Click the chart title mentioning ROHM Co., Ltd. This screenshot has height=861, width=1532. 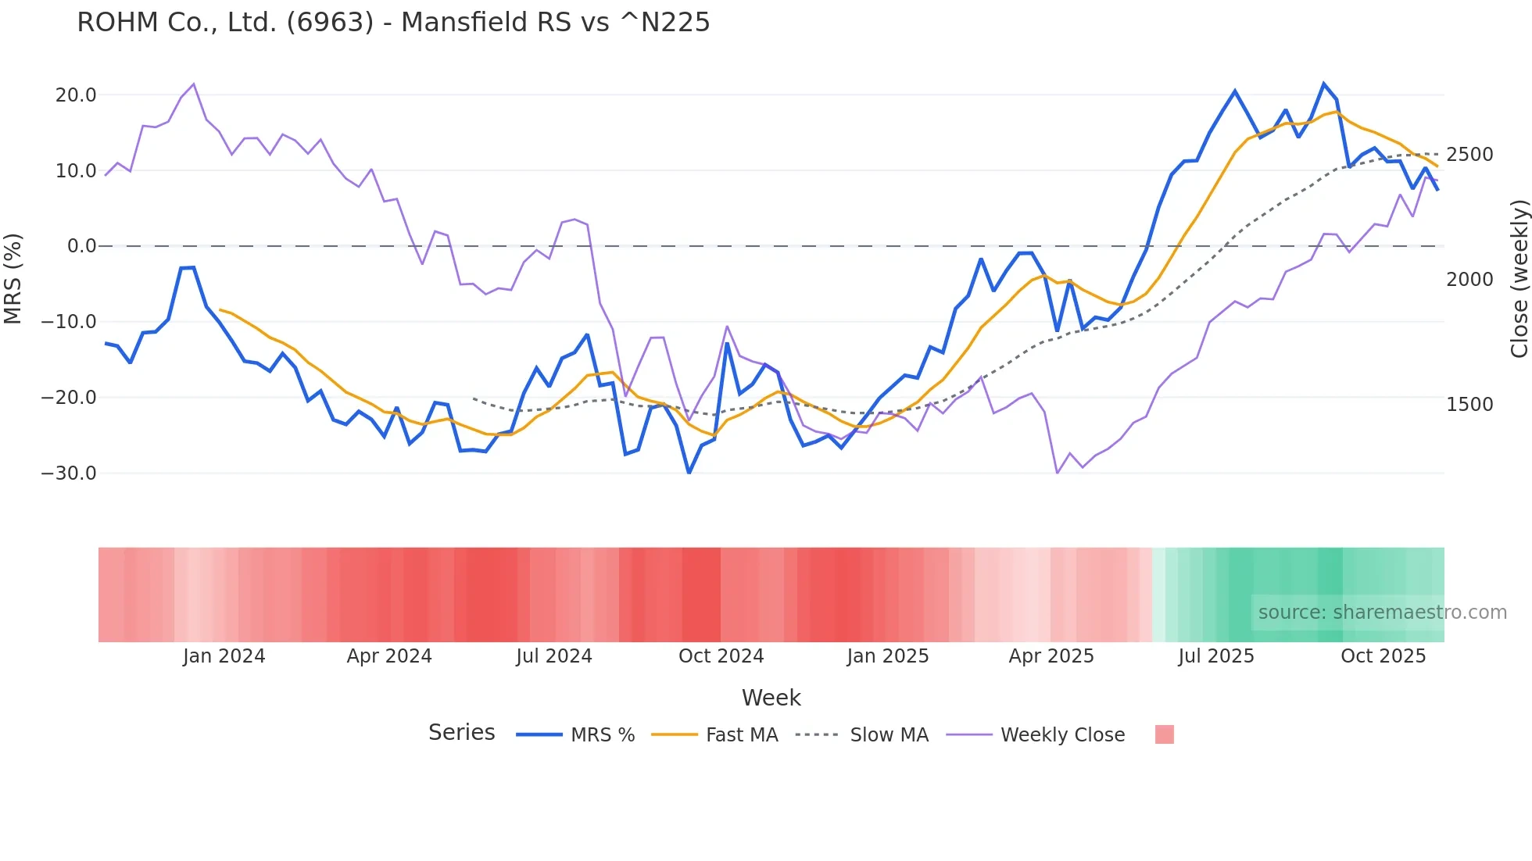click(x=393, y=23)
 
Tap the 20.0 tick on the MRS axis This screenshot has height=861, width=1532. click(x=75, y=95)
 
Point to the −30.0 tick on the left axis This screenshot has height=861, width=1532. click(x=69, y=473)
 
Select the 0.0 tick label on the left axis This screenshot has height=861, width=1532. click(x=81, y=246)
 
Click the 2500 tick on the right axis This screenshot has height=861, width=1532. click(x=1469, y=155)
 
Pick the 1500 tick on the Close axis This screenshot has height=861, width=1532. click(x=1469, y=405)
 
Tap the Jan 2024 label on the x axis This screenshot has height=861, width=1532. click(x=224, y=656)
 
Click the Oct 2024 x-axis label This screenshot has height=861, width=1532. click(x=721, y=656)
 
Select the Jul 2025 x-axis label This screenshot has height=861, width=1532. click(x=1216, y=656)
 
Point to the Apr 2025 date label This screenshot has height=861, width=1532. click(x=1051, y=656)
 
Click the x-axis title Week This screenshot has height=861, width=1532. click(x=771, y=698)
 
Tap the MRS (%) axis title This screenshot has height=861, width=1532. click(x=13, y=278)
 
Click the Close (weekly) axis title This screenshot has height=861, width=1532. click(x=1519, y=278)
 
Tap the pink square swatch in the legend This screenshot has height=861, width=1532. click(x=1164, y=734)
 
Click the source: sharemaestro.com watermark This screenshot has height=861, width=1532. click(x=1382, y=613)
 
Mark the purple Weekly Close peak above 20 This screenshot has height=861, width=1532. click(x=193, y=84)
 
